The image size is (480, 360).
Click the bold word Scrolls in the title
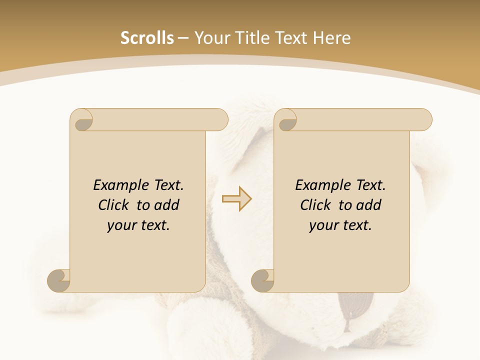click(x=147, y=38)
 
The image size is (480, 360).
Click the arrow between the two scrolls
click(x=236, y=199)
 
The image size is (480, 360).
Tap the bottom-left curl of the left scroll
click(x=59, y=280)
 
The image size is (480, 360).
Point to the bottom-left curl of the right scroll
click(x=263, y=280)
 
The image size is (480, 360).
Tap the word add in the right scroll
click(x=368, y=205)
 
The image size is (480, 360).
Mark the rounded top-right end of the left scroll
click(x=220, y=119)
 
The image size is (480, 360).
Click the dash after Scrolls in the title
click(x=183, y=38)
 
